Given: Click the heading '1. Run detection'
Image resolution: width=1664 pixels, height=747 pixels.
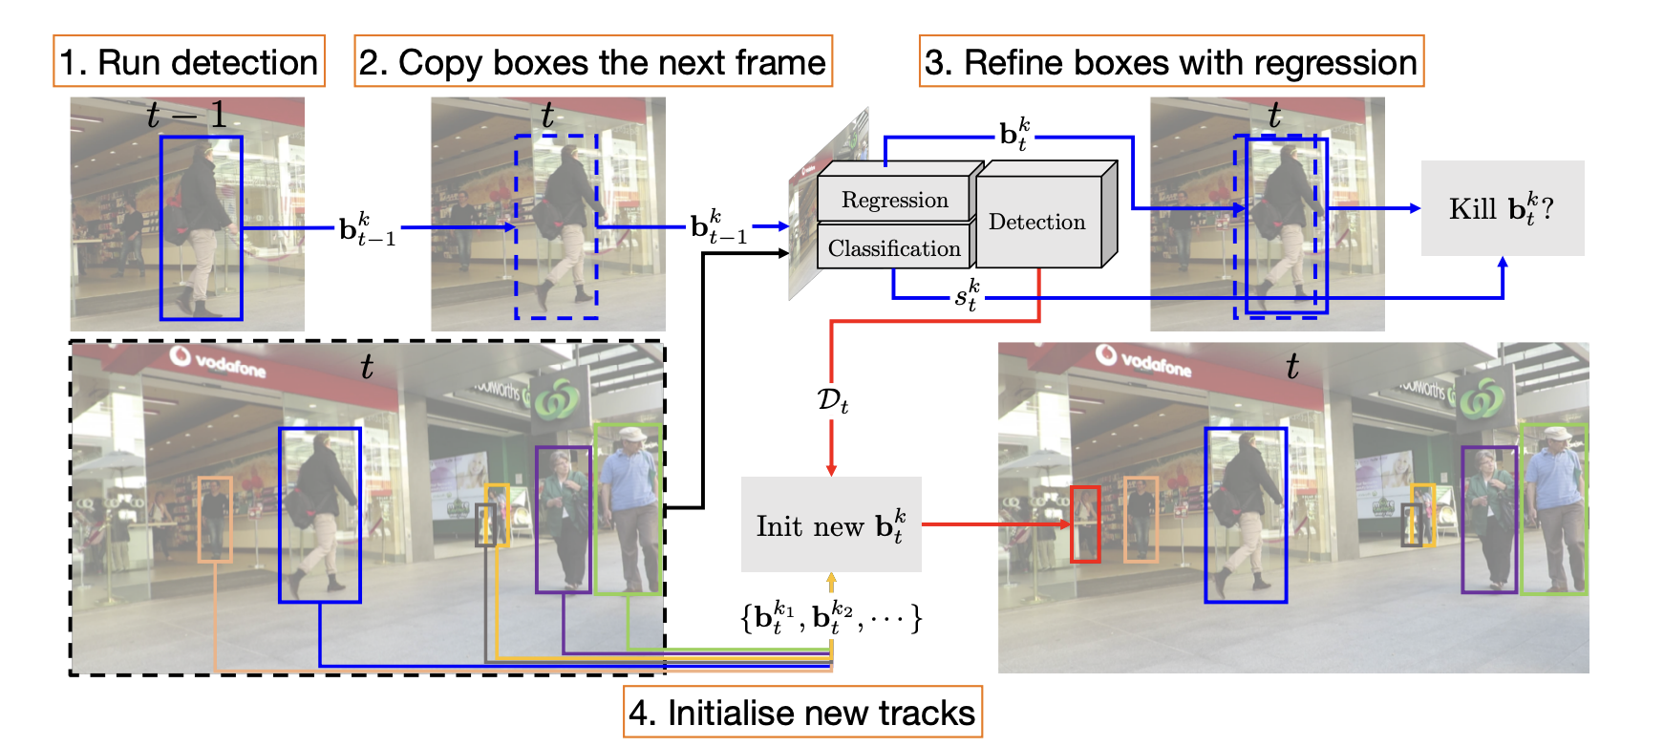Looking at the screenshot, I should pyautogui.click(x=188, y=62).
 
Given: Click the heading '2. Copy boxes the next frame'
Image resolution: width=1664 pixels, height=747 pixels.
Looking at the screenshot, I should pyautogui.click(x=592, y=62).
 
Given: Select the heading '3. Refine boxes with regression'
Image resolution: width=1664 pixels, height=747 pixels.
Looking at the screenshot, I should pyautogui.click(x=1171, y=62).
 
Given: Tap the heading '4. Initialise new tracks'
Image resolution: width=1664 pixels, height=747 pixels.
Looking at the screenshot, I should pyautogui.click(x=801, y=713).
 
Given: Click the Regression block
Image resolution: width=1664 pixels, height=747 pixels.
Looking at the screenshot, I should pyautogui.click(x=894, y=200).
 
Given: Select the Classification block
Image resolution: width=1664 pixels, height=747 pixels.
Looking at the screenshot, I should pyautogui.click(x=894, y=248).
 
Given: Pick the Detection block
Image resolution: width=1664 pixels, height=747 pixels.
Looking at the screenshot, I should pyautogui.click(x=1037, y=223).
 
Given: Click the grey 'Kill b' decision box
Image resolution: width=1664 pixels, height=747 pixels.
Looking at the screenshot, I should pyautogui.click(x=1502, y=208).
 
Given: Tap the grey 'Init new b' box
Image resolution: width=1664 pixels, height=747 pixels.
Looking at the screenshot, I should pyautogui.click(x=831, y=524).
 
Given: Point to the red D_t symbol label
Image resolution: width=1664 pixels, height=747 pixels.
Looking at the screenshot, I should pyautogui.click(x=832, y=400).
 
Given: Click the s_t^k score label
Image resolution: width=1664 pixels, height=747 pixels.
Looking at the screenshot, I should pyautogui.click(x=967, y=295).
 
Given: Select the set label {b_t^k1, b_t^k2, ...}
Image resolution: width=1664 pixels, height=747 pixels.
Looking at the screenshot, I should pyautogui.click(x=831, y=617).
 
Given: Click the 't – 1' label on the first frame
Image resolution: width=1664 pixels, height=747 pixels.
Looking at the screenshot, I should pyautogui.click(x=187, y=116).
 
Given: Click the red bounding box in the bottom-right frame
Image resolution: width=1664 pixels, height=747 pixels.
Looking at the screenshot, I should pyautogui.click(x=1085, y=523).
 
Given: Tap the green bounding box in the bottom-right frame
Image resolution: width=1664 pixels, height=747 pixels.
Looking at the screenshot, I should pyautogui.click(x=1553, y=508).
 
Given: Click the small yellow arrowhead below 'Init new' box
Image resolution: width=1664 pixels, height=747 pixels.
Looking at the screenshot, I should pyautogui.click(x=831, y=579).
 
